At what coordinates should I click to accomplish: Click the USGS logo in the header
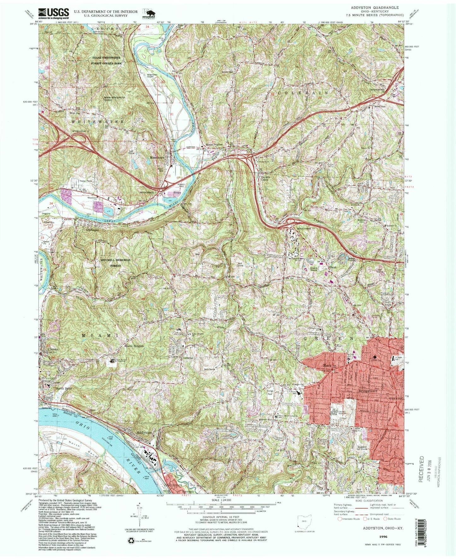[x=54, y=12]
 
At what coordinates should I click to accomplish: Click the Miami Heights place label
[x=134, y=346]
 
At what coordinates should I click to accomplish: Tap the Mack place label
[x=327, y=366]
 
